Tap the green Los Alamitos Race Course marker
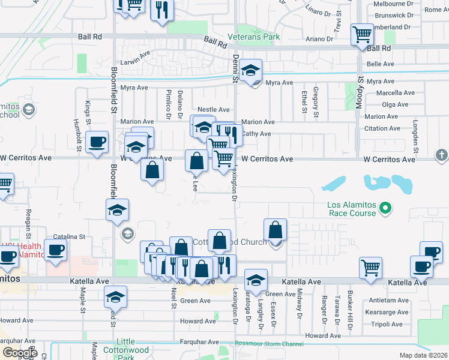click(387, 209)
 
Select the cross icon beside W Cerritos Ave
click(441, 156)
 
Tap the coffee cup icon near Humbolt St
click(97, 142)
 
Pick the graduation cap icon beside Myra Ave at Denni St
click(250, 71)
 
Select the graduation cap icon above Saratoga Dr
click(256, 280)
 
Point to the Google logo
click(20, 353)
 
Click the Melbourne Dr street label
click(393, 3)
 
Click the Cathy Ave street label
click(257, 134)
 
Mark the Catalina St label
click(70, 237)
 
